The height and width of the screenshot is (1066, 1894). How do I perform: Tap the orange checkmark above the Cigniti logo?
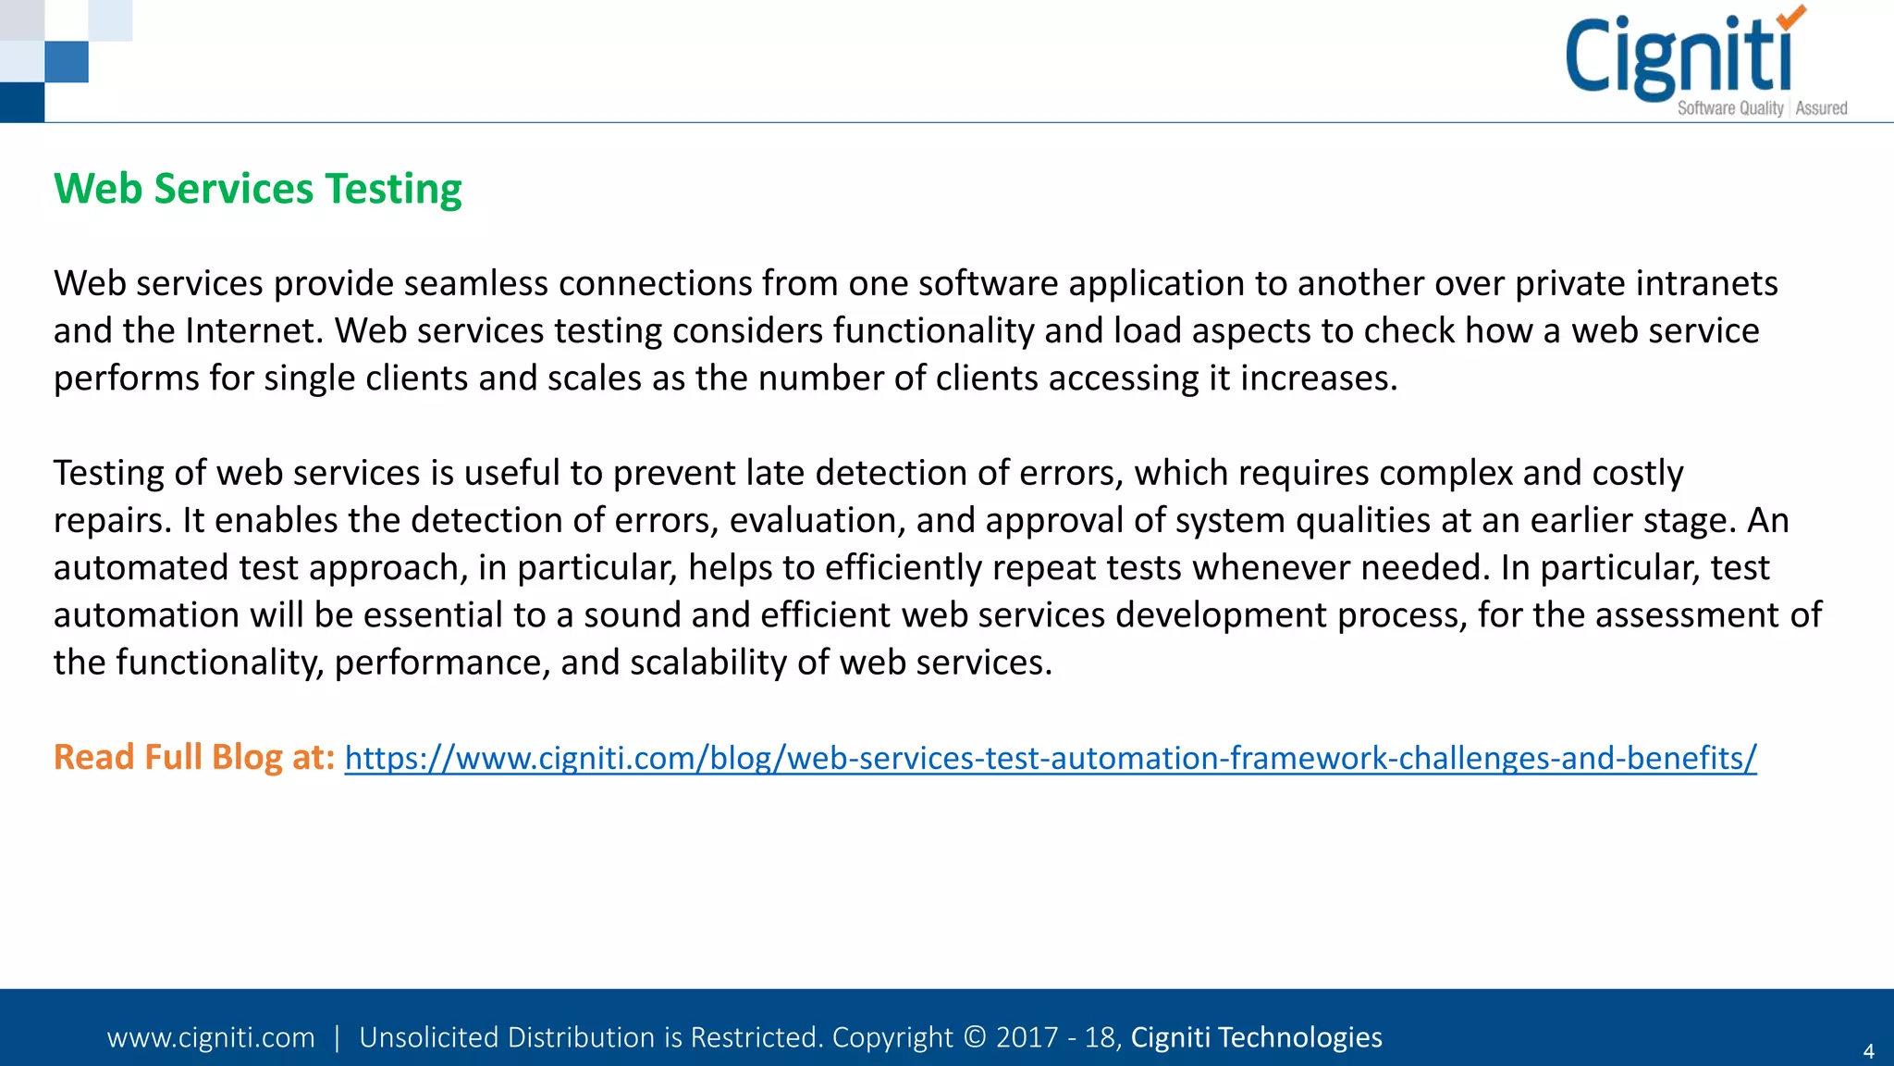pos(1790,17)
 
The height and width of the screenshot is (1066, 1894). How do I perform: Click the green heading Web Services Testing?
pos(257,189)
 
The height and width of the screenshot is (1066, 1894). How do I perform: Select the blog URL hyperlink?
pos(1050,758)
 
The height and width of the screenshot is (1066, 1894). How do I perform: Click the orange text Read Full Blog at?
pos(193,757)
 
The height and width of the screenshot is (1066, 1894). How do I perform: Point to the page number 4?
pos(1868,1051)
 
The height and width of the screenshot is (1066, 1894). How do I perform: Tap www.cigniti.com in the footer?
pos(211,1037)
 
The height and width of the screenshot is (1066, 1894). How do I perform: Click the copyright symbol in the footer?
pos(974,1037)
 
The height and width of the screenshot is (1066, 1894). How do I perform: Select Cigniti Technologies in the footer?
pos(1256,1037)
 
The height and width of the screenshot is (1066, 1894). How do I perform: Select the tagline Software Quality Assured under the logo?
pos(1762,108)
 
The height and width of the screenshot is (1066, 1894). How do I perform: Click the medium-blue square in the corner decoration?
pos(67,62)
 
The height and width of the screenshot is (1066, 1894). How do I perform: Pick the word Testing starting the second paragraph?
pos(108,473)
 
